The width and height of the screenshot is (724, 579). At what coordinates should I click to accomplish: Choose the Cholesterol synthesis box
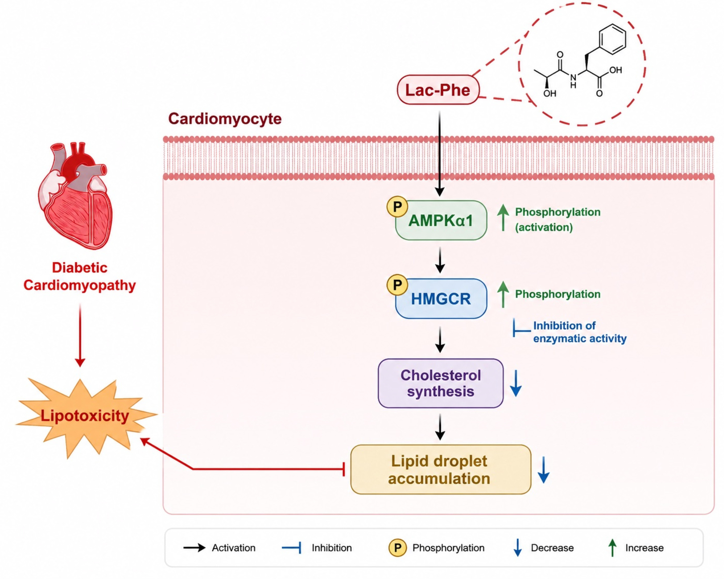pos(441,383)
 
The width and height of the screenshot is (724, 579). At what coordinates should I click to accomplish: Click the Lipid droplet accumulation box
pos(441,470)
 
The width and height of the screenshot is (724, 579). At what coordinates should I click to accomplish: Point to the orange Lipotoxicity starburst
pos(86,416)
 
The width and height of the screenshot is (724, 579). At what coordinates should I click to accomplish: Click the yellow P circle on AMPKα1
pos(397,206)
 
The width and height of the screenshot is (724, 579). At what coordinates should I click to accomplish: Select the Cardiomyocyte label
pos(225,119)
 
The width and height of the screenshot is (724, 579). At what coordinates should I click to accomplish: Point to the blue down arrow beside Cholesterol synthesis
pos(516,383)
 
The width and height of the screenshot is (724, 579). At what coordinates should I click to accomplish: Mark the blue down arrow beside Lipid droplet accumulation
pos(543,470)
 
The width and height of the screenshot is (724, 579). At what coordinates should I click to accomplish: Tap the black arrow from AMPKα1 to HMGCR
pos(440,260)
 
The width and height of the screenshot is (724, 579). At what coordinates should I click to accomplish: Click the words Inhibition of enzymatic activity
pos(580,332)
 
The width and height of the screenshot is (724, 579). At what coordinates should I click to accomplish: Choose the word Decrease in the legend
pos(552,548)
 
